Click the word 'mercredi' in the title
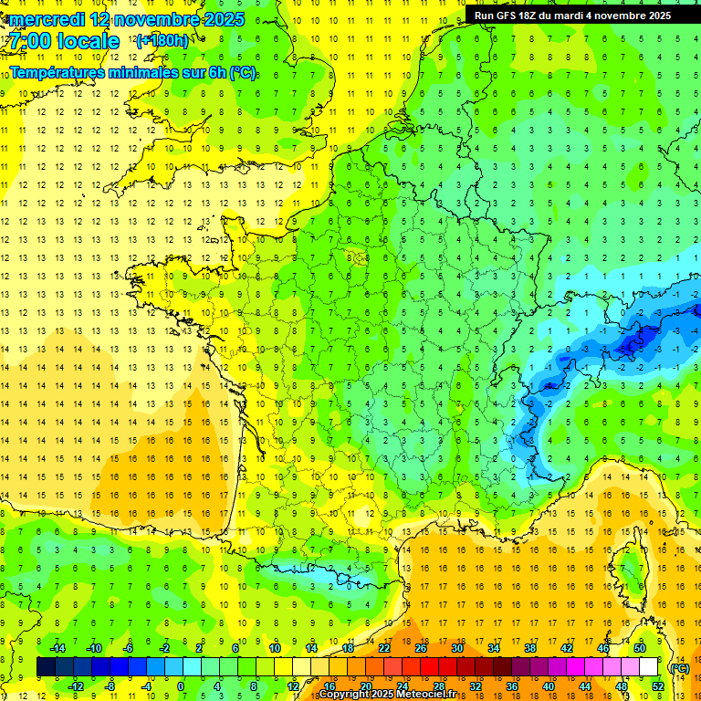pyautogui.click(x=46, y=19)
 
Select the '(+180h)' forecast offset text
pyautogui.click(x=162, y=40)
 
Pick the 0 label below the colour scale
pyautogui.click(x=181, y=686)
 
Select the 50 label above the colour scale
pyautogui.click(x=639, y=648)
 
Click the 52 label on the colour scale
pyautogui.click(x=658, y=686)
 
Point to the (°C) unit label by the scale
pyautogui.click(x=679, y=667)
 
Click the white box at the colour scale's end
pyautogui.click(x=648, y=667)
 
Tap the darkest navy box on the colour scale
pyautogui.click(x=46, y=667)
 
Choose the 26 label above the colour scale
pyautogui.click(x=421, y=648)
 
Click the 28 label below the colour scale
pyautogui.click(x=439, y=686)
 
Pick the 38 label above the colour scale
pyautogui.click(x=529, y=648)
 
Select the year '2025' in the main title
pyautogui.click(x=219, y=19)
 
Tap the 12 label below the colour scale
pyautogui.click(x=293, y=686)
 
